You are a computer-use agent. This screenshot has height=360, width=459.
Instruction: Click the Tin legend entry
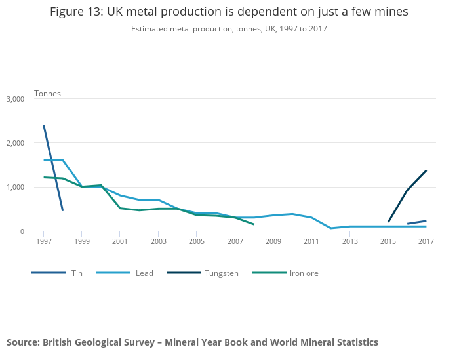pos(77,273)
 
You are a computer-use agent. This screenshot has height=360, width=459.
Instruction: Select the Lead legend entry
pos(144,273)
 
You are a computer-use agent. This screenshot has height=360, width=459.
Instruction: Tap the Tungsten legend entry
pos(221,273)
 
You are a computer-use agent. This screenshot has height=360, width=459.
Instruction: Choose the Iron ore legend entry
pos(304,273)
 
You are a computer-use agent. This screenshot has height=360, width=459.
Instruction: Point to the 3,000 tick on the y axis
pos(15,99)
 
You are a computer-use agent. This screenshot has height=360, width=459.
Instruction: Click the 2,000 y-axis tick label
pos(15,143)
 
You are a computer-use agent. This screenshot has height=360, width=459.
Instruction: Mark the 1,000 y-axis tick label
pos(15,187)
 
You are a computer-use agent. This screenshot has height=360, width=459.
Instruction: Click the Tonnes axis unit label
pos(47,94)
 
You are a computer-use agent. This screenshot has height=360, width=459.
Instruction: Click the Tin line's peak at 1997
pos(44,126)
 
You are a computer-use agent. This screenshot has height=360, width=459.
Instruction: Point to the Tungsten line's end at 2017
pos(426,171)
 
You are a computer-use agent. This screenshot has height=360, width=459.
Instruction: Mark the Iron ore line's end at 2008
pos(254,224)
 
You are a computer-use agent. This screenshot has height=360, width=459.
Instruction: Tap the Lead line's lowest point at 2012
pos(330,228)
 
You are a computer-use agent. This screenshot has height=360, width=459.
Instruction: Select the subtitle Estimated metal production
pos(176,29)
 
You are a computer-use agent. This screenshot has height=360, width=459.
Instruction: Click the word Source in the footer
pos(23,342)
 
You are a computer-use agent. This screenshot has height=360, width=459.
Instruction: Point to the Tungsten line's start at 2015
pos(388,222)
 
